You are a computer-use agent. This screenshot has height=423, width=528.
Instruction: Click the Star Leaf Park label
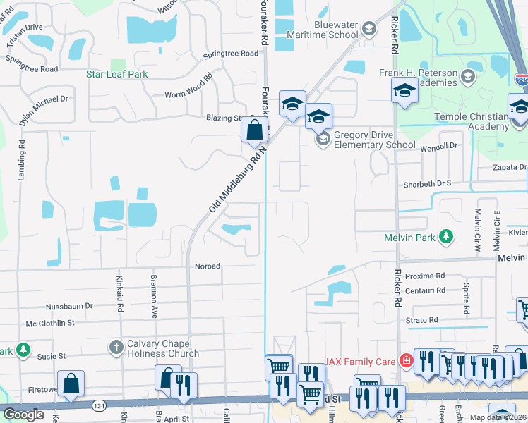click(116, 74)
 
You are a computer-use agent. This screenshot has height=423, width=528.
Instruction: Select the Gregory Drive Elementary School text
click(374, 140)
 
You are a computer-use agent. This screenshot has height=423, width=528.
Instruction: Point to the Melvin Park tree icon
click(445, 237)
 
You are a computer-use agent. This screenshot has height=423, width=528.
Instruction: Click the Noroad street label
click(208, 266)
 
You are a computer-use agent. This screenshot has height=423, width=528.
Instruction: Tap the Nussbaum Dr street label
click(69, 306)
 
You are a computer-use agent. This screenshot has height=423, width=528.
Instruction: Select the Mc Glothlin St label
click(50, 323)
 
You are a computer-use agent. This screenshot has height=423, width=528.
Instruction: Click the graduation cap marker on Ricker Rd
click(405, 90)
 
